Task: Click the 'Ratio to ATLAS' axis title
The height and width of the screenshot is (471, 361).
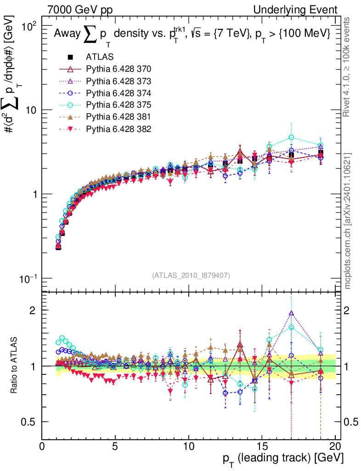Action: click(15, 366)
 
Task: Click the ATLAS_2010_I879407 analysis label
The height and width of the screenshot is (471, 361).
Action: click(191, 275)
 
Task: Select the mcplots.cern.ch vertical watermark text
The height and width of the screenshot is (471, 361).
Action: click(349, 221)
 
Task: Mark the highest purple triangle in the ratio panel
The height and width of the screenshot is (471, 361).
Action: click(291, 313)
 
